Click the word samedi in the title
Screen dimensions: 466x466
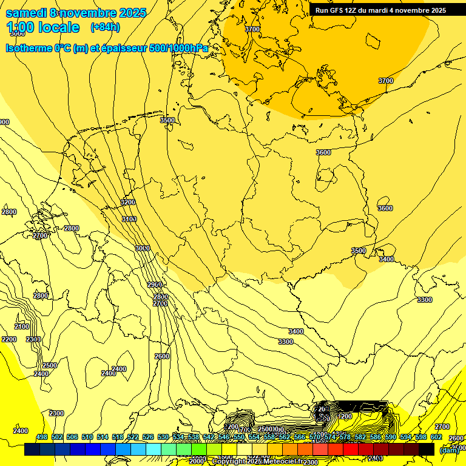[x=26, y=12]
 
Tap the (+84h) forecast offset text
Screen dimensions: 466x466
[x=105, y=27]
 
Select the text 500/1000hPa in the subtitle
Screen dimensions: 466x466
[x=178, y=48]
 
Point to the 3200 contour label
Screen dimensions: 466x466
[x=127, y=202]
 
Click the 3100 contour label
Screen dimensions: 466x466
[x=129, y=219]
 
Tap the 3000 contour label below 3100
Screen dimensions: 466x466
[x=142, y=248]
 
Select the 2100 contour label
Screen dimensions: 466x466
[x=21, y=326]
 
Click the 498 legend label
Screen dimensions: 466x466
[x=42, y=437]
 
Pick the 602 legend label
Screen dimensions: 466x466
[x=436, y=437]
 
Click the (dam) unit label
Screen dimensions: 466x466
[x=449, y=450]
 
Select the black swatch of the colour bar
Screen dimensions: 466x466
[x=427, y=449]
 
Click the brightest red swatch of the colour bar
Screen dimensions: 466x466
[x=351, y=449]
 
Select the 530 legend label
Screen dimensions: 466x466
[x=163, y=437]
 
